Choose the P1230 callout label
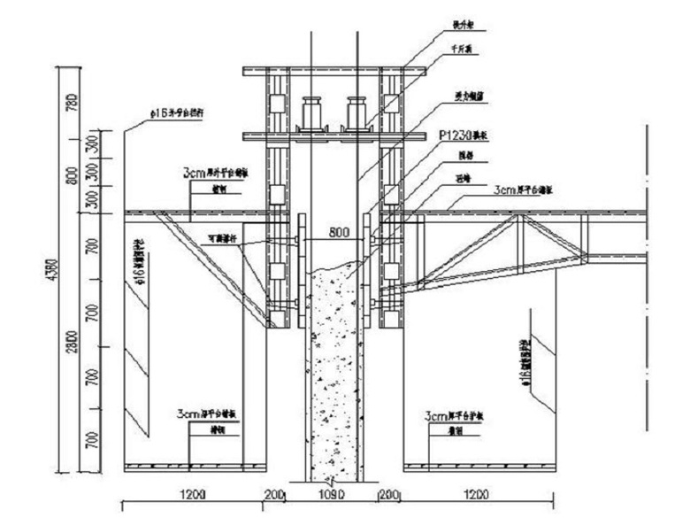click(x=463, y=135)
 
